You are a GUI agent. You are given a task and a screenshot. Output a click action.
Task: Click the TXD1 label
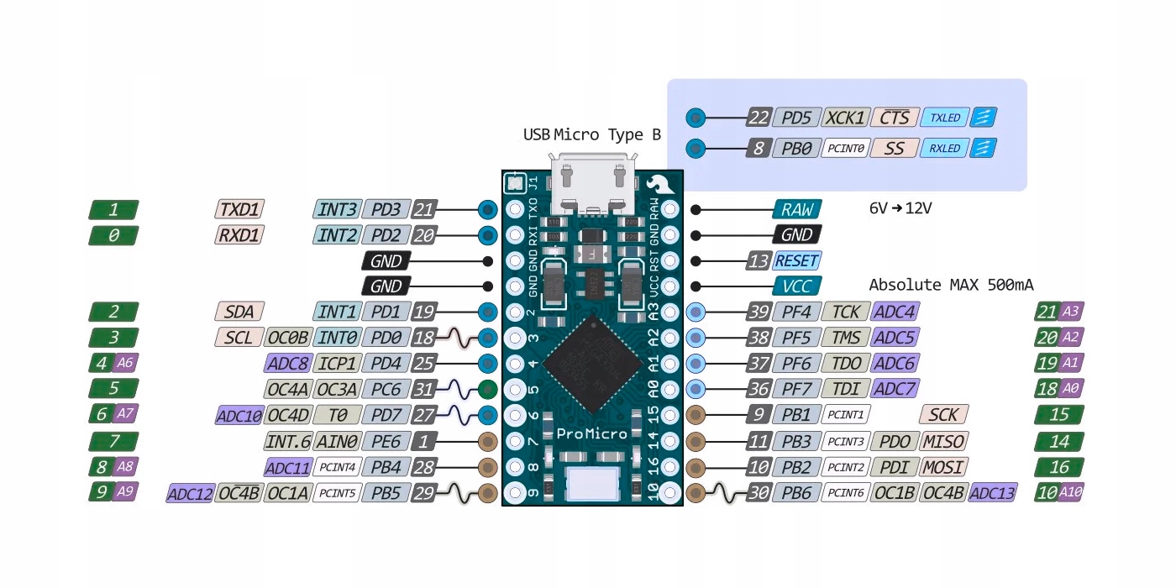[239, 209]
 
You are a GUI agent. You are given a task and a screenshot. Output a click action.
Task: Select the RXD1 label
[239, 235]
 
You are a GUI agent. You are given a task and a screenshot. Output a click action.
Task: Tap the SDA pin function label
[239, 312]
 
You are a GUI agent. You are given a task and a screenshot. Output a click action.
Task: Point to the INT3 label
[338, 209]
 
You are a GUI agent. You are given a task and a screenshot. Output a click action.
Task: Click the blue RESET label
[796, 260]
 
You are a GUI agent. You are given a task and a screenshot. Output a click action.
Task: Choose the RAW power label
[796, 209]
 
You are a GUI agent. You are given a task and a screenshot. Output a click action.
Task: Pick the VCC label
[796, 286]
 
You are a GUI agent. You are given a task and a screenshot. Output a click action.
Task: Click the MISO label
[943, 441]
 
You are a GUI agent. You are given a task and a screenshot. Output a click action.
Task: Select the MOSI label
[943, 467]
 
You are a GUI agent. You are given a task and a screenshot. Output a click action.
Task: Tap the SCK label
[943, 414]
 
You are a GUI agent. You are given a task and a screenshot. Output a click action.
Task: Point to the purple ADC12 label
[191, 493]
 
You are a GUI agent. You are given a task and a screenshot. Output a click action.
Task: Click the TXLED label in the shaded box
[944, 118]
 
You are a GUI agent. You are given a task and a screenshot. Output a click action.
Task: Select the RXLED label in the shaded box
[944, 149]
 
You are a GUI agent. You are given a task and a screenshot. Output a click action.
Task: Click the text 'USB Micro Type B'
[591, 134]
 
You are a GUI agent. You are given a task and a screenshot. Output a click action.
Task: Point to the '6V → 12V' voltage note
[900, 208]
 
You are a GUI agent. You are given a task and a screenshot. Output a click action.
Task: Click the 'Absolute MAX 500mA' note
[951, 285]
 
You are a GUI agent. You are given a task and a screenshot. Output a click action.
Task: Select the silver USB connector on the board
[592, 183]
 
